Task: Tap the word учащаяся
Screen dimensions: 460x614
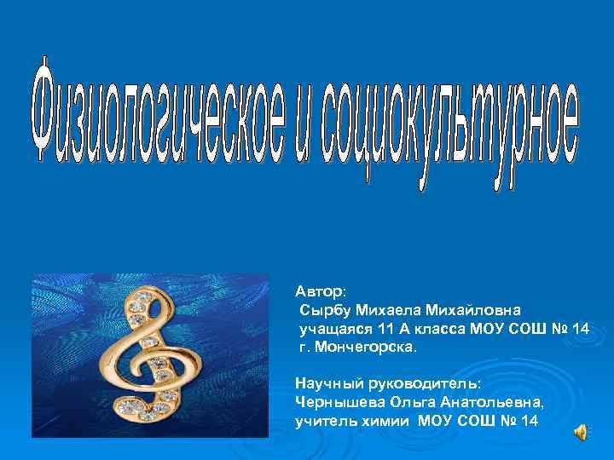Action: [331, 329]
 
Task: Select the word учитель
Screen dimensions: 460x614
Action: [324, 422]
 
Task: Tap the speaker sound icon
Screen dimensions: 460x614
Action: [581, 433]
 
